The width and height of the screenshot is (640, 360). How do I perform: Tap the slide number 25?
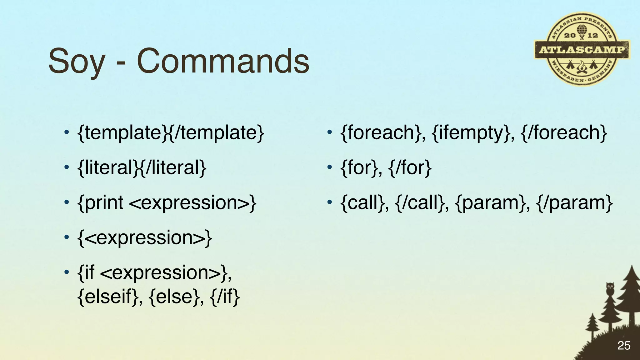[624, 346]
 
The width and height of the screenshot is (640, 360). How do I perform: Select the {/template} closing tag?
[217, 132]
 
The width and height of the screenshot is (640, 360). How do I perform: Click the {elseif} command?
[107, 296]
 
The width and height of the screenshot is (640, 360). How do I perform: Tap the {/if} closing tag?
[225, 296]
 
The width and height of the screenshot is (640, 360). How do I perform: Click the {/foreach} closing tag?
[564, 132]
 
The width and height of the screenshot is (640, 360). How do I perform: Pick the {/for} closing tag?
[410, 167]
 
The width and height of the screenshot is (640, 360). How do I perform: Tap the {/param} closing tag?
[574, 203]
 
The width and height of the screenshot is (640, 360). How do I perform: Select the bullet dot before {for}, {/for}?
[329, 167]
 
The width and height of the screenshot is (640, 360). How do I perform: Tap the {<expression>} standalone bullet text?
[145, 238]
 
